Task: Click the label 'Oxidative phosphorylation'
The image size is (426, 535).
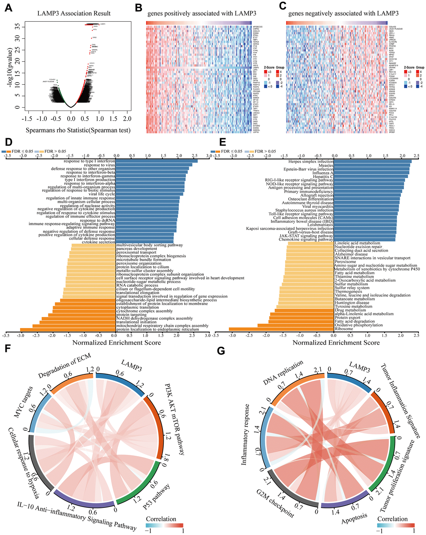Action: pos(359,325)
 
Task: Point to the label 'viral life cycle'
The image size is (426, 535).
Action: pos(99,194)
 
